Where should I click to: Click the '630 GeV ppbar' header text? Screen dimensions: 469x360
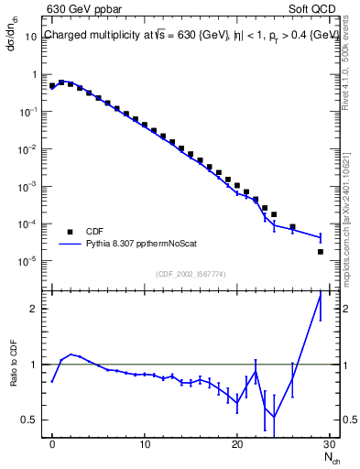(80, 10)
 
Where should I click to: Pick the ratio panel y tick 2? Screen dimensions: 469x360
(33, 309)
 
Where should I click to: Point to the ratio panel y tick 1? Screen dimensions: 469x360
(33, 365)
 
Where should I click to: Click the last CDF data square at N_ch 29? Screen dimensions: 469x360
(321, 251)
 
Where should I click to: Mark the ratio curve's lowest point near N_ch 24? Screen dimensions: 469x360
(274, 418)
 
